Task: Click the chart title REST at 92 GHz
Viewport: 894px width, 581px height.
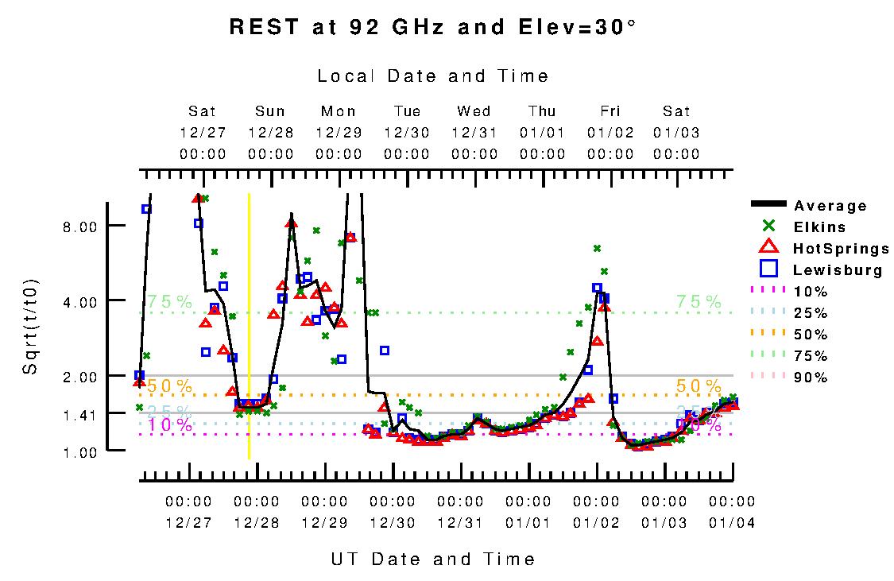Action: (x=432, y=27)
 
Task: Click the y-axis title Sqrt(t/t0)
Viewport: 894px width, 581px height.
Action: (x=29, y=327)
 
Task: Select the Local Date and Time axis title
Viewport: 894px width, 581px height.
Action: (x=432, y=76)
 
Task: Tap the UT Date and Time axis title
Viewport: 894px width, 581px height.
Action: (x=432, y=559)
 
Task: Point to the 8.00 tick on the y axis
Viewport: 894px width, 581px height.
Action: (x=79, y=227)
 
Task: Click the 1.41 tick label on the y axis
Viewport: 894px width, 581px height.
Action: (x=79, y=414)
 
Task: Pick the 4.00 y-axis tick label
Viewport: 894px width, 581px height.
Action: (x=79, y=301)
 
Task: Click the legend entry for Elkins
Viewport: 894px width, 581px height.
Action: (x=819, y=227)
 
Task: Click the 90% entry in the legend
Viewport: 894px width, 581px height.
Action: (x=811, y=378)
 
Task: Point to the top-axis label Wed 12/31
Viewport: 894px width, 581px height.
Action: (x=474, y=132)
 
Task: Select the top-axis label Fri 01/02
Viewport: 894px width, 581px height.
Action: (x=610, y=132)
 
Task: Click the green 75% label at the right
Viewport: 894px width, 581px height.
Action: (x=699, y=302)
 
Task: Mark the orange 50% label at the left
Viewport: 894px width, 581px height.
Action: (x=169, y=386)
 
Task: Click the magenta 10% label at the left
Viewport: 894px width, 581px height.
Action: (x=169, y=425)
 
